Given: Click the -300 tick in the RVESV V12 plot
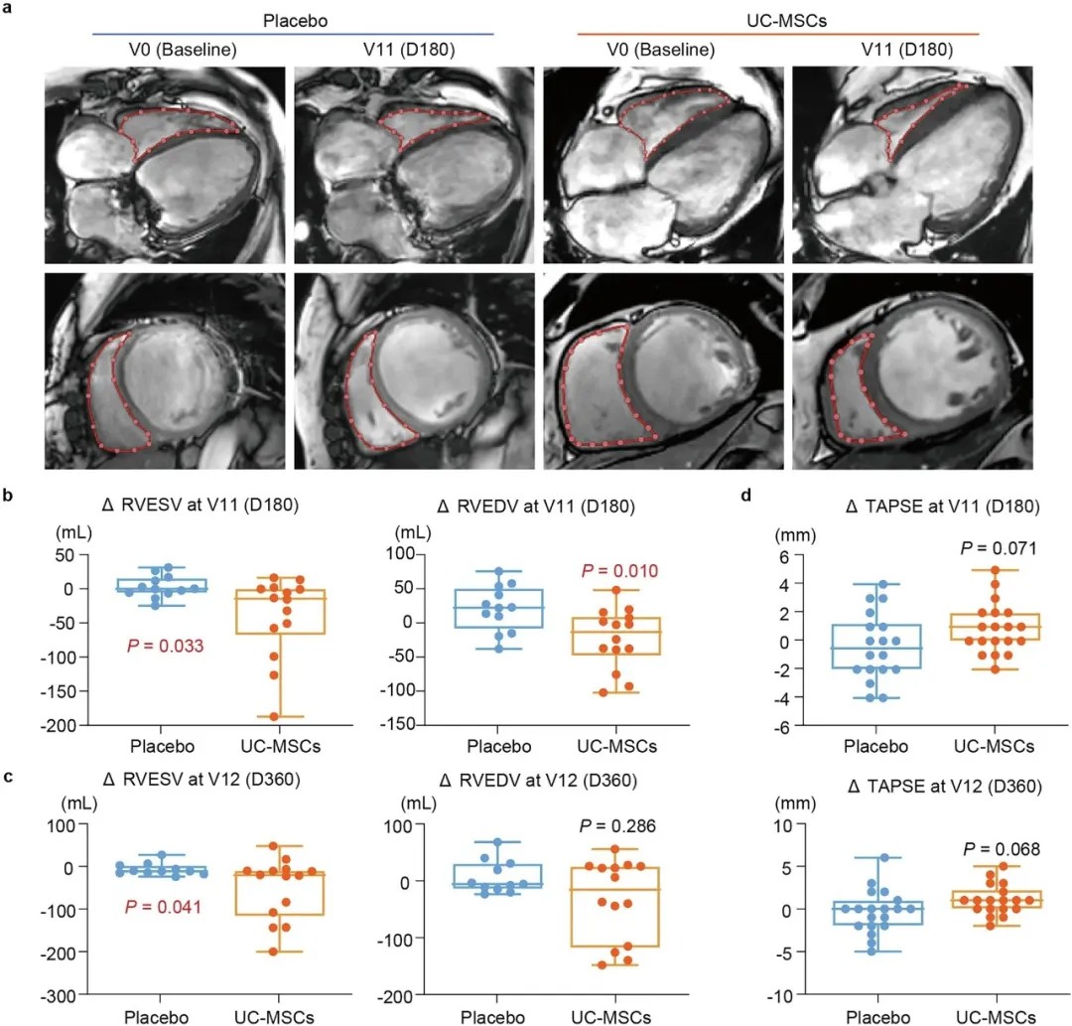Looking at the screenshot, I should tap(63, 995).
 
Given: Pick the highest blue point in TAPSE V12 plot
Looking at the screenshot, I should tap(877, 857).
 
